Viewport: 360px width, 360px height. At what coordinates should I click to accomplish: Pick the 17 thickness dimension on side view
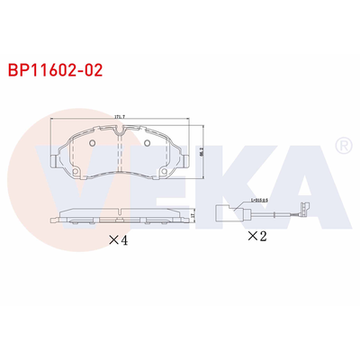[x=192, y=215]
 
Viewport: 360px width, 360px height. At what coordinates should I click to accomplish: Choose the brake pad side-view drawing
[x=120, y=216]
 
